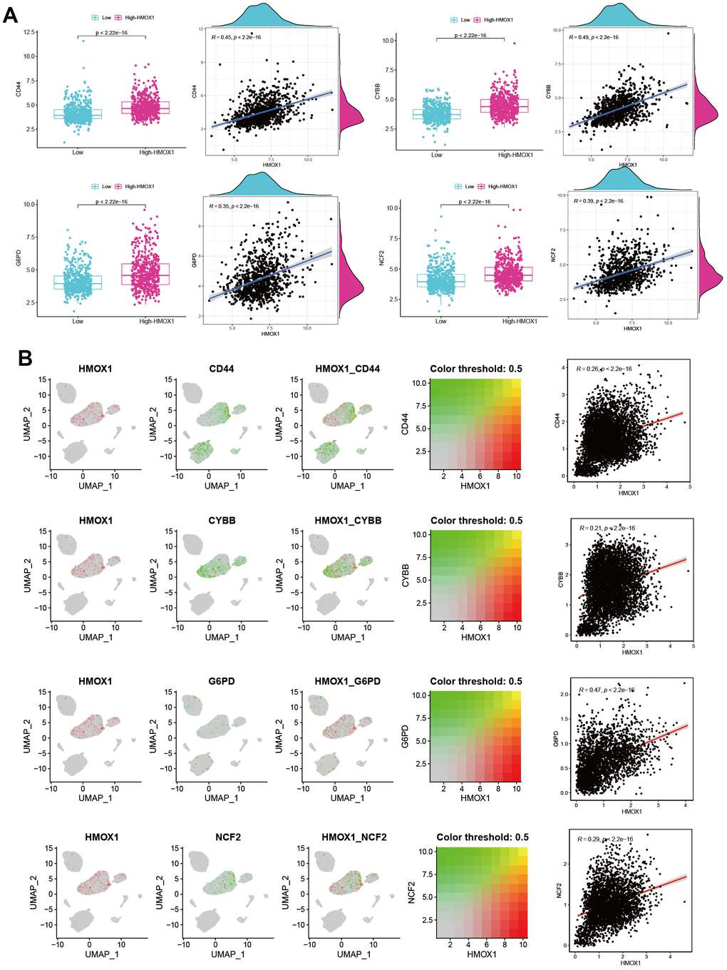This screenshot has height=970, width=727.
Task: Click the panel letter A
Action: (11, 14)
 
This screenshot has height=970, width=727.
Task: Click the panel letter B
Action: (25, 358)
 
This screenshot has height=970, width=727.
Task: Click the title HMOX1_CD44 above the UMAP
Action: (347, 369)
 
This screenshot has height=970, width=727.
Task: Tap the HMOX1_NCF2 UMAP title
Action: (354, 837)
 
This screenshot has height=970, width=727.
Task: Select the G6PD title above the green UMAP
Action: (221, 681)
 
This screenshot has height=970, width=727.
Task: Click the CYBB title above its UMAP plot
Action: (222, 521)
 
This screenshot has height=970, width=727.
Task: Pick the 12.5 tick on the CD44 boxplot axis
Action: (29, 33)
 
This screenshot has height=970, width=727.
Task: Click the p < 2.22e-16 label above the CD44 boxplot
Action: (112, 33)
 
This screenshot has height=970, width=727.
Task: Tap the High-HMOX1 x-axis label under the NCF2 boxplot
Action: (520, 322)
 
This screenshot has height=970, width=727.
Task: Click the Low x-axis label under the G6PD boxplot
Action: (78, 322)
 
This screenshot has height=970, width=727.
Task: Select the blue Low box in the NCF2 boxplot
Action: (440, 280)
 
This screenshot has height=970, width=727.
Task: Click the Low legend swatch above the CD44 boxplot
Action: (95, 18)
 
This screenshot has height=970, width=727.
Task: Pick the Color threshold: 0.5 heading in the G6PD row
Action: (476, 681)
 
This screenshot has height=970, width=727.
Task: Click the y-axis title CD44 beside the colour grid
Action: (405, 424)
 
